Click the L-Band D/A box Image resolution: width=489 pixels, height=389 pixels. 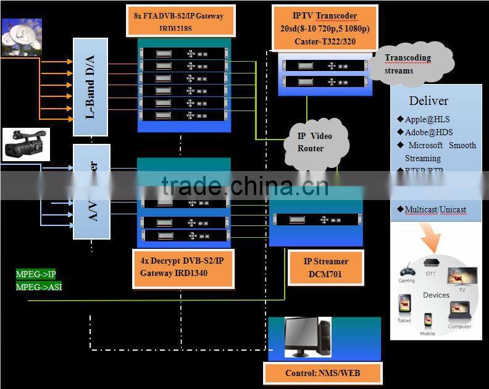click(91, 86)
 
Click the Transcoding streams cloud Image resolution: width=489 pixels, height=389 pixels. click(411, 64)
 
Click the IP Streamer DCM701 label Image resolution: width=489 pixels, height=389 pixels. click(326, 267)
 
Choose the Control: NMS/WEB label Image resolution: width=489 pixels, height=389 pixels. click(323, 373)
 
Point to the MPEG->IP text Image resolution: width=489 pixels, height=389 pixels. click(36, 274)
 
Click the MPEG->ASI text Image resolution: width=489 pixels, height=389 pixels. click(39, 287)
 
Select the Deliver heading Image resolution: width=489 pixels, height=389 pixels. click(428, 101)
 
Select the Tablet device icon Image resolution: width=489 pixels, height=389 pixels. click(404, 304)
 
